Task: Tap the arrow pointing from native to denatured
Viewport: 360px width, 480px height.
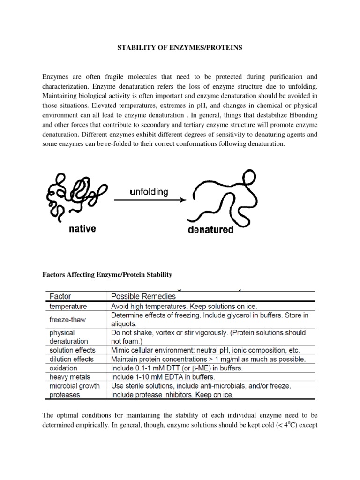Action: [x=149, y=200]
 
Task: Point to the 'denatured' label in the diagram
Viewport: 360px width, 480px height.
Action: [x=210, y=230]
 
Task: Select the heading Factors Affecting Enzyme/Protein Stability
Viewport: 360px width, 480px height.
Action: [x=108, y=274]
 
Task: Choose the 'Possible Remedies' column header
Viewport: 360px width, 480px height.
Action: [x=143, y=296]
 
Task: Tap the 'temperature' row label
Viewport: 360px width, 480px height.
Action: [x=68, y=306]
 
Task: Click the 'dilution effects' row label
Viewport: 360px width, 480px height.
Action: [x=72, y=359]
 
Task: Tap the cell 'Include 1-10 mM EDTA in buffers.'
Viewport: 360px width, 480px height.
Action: [x=163, y=377]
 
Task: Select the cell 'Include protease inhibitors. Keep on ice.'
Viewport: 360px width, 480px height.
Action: [x=172, y=395]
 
